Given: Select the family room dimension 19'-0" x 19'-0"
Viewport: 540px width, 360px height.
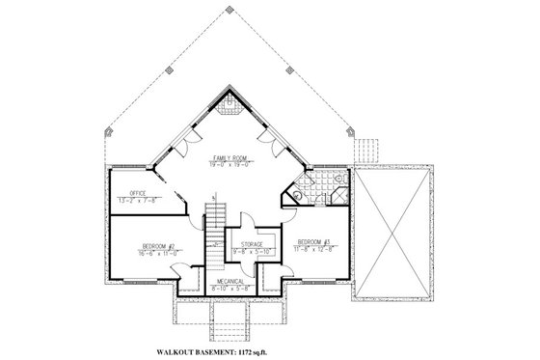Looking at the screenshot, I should (x=229, y=165).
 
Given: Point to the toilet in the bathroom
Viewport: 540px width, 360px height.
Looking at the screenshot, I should (x=300, y=194).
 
